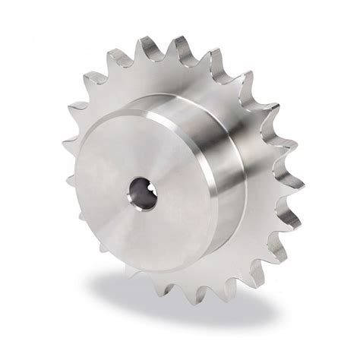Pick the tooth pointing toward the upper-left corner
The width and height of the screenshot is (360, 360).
pos(91,76)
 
